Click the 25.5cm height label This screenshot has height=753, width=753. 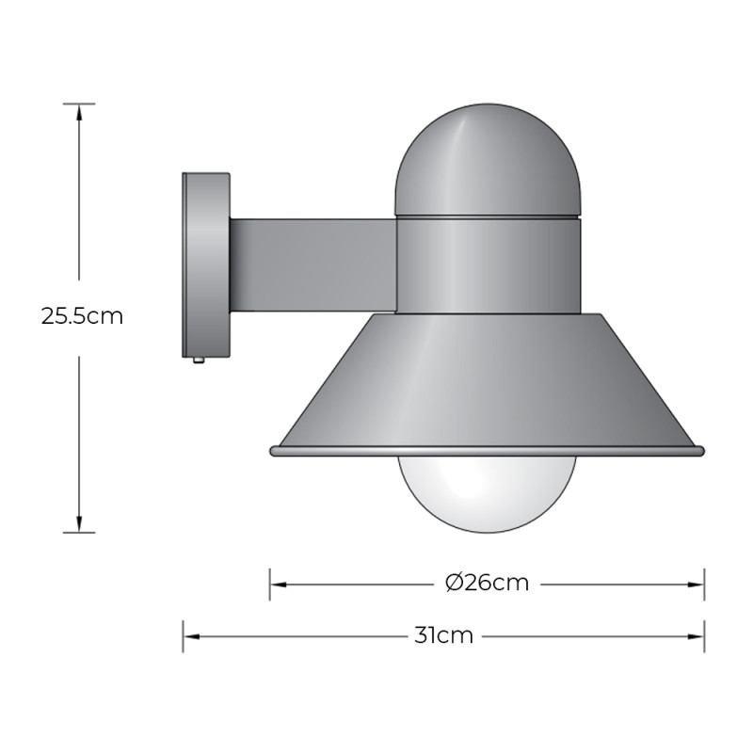[82, 316]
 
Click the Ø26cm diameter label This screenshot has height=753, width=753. [487, 583]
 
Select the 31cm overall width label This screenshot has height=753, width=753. [443, 635]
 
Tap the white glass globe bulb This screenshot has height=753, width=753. [487, 491]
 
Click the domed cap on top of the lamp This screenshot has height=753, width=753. [487, 160]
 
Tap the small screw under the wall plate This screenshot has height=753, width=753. [199, 360]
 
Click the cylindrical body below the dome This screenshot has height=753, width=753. [487, 264]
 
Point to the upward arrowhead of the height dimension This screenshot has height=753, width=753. [79, 110]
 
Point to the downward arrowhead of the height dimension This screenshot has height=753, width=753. [79, 524]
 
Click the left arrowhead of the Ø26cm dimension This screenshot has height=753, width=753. [278, 584]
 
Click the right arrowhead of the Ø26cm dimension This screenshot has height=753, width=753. [697, 584]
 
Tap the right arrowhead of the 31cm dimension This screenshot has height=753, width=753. [697, 636]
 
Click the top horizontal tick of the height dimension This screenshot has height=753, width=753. [79, 103]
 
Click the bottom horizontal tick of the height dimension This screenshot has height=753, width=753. [79, 533]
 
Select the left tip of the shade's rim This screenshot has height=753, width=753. [273, 452]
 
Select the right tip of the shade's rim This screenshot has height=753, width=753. [700, 452]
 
